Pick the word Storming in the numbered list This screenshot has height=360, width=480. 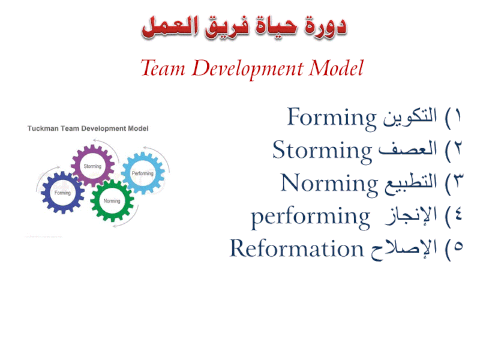(322, 149)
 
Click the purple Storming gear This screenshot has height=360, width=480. (92, 165)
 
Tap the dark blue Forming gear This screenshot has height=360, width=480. (62, 193)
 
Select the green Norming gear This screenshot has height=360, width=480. (112, 200)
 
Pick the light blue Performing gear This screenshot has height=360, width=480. (142, 173)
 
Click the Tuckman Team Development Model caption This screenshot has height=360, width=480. (88, 128)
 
